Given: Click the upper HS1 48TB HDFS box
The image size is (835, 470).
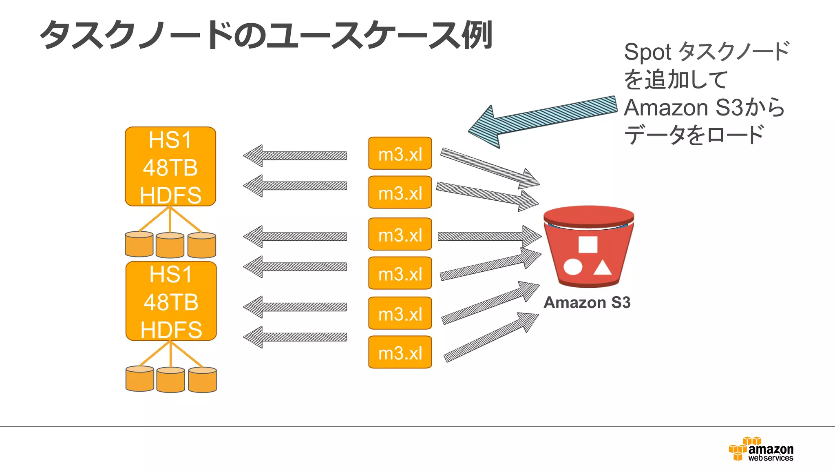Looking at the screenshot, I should tap(170, 166).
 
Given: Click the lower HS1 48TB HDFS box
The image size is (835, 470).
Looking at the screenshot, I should tap(171, 301).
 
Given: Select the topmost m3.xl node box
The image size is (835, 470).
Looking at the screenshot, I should tap(400, 153).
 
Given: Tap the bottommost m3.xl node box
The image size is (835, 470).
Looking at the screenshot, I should tap(400, 352).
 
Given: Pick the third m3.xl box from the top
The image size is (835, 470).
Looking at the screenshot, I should tap(400, 234).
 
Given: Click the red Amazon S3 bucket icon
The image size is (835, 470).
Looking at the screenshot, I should tap(588, 247).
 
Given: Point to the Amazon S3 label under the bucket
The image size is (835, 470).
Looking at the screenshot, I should tap(587, 302).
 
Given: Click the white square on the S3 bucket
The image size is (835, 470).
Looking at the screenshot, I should tap(588, 245).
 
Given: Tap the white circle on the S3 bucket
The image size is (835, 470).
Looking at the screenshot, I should tap(573, 267).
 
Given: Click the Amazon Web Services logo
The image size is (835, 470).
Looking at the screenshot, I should tap(761, 449).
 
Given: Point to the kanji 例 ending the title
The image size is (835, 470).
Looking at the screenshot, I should tap(477, 35).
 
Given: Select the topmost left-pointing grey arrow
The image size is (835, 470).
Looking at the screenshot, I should tap(295, 156).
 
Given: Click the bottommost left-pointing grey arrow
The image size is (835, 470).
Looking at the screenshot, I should tap(295, 337).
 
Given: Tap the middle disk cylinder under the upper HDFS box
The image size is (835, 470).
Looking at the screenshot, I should tap(170, 245).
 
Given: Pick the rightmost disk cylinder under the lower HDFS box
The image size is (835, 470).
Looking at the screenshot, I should tap(203, 379).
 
